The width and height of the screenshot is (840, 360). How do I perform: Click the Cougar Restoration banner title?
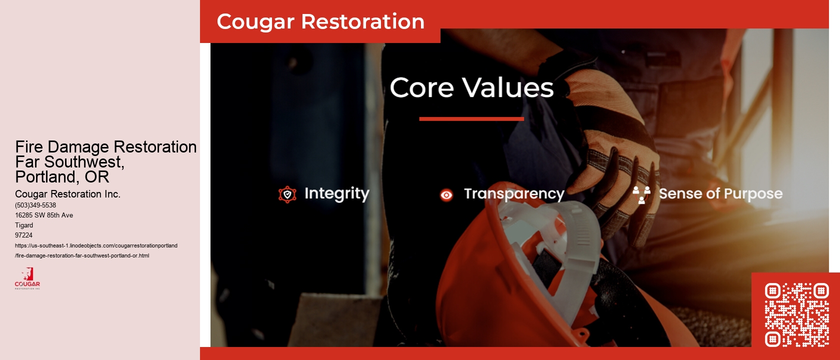[x=320, y=21]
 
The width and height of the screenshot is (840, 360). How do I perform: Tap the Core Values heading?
[x=471, y=87]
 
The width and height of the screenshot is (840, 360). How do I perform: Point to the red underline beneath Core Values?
[x=471, y=119]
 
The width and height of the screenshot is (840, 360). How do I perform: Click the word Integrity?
[x=336, y=193]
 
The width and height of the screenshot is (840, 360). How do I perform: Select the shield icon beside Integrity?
[x=287, y=194]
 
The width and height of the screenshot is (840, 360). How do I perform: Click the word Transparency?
[x=514, y=194]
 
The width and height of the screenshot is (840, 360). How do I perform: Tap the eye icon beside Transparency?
[x=446, y=195]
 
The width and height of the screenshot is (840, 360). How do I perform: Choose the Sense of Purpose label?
[x=720, y=193]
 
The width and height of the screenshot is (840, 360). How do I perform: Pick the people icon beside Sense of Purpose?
[x=641, y=194]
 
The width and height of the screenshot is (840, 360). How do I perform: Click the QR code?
[x=796, y=315]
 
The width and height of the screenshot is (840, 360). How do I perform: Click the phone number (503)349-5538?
[x=35, y=205]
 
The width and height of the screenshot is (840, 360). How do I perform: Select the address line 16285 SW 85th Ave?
[x=44, y=215]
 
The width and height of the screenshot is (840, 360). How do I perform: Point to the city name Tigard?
[x=24, y=225]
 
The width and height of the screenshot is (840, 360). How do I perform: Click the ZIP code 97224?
[x=23, y=235]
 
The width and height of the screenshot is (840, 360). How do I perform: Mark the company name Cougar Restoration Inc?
[x=67, y=194]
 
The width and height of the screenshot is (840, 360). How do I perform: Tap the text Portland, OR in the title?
[x=62, y=177]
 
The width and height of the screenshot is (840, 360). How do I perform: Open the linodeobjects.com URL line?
[x=96, y=245]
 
